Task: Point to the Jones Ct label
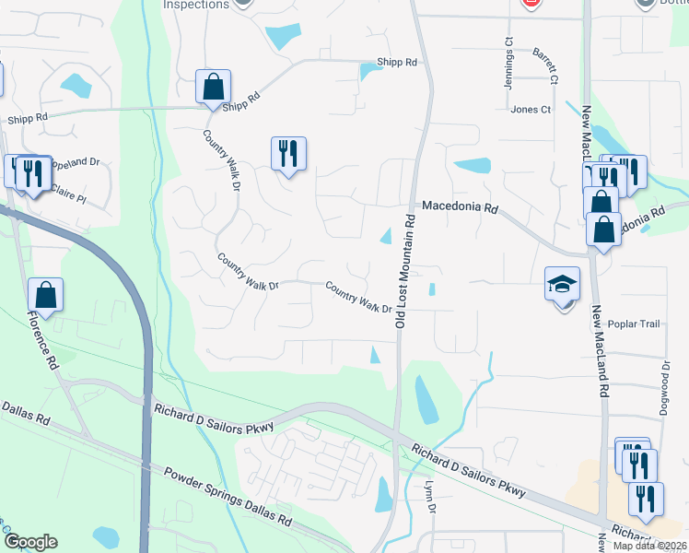pyautogui.click(x=531, y=109)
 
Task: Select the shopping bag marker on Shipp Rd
pyautogui.click(x=213, y=88)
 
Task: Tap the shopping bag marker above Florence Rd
pyautogui.click(x=45, y=295)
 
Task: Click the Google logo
pyautogui.click(x=29, y=542)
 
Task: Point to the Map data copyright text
pyautogui.click(x=648, y=545)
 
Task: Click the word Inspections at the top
pyautogui.click(x=195, y=5)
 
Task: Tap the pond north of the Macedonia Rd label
pyautogui.click(x=473, y=166)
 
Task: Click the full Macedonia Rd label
pyautogui.click(x=460, y=208)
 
